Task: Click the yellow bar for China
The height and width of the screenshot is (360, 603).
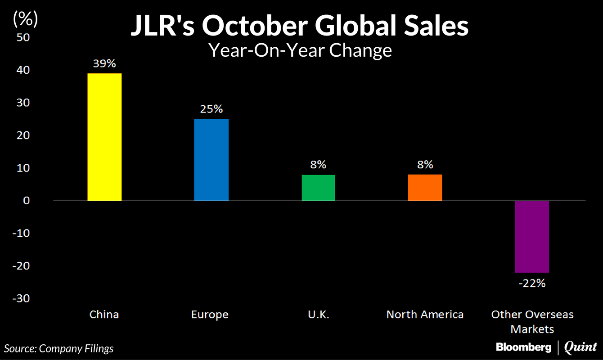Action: pos(104,137)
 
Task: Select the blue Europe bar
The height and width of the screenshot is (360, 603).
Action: pos(211,160)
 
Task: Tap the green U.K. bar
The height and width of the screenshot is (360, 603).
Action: pos(318,187)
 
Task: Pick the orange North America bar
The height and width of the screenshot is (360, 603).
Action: pos(425,187)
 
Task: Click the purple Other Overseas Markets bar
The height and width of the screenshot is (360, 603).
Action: pos(532,236)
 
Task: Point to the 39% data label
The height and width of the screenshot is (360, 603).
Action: pos(104,63)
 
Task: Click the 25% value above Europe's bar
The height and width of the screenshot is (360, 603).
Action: pos(211,109)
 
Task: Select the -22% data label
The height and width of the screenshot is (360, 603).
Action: pos(532,283)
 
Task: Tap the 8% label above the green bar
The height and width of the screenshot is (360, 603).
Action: pos(318,165)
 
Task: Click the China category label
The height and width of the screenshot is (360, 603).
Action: pos(104,314)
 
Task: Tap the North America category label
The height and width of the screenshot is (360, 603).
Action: pos(425,314)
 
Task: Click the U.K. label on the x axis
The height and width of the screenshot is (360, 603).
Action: pos(318,314)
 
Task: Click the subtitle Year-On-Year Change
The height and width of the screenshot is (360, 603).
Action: pos(300,50)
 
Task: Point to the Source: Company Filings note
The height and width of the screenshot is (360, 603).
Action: pos(59,348)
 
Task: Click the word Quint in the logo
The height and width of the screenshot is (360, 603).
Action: pos(580,347)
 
